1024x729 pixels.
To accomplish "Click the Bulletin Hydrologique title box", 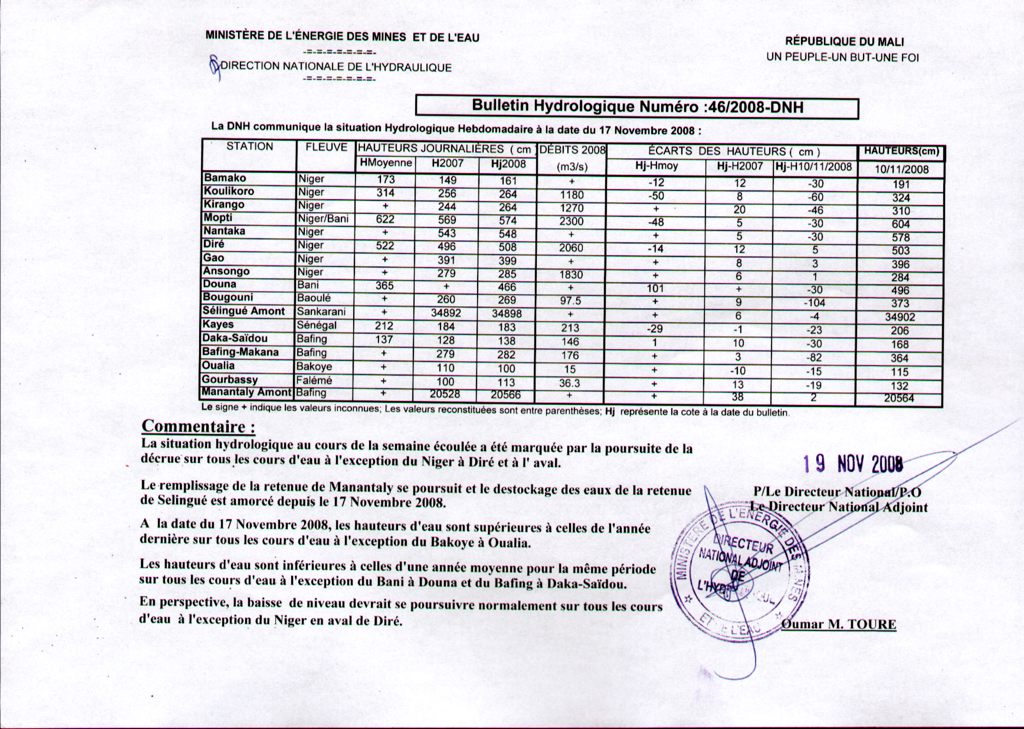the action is pyautogui.click(x=637, y=108).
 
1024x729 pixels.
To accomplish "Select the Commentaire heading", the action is pyautogui.click(x=198, y=426).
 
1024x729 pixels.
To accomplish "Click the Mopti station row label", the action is pyautogui.click(x=218, y=218).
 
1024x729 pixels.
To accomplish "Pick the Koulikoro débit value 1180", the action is pyautogui.click(x=571, y=195).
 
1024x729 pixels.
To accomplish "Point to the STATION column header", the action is pyautogui.click(x=250, y=147).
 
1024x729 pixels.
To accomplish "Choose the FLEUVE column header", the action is pyautogui.click(x=326, y=147).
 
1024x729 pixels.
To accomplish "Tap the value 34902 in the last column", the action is pyautogui.click(x=900, y=317).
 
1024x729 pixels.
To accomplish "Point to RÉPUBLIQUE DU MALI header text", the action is pyautogui.click(x=844, y=42).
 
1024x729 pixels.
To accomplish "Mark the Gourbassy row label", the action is pyautogui.click(x=230, y=379).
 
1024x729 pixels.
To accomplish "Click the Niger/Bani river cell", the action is pyautogui.click(x=323, y=219).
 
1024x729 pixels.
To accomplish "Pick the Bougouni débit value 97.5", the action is pyautogui.click(x=571, y=301).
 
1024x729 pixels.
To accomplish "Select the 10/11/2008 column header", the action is pyautogui.click(x=901, y=169).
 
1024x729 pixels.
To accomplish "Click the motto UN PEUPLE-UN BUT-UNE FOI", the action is pyautogui.click(x=843, y=58).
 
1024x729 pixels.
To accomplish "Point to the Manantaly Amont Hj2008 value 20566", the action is pyautogui.click(x=506, y=395).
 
